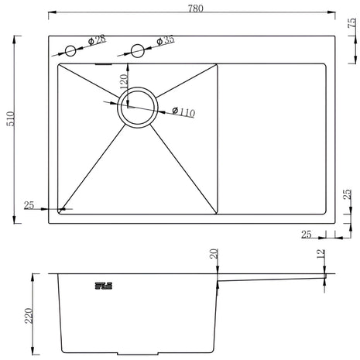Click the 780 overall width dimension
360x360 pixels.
[x=195, y=9]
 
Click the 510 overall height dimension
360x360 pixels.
[x=11, y=119]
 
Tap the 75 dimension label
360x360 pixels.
[x=352, y=23]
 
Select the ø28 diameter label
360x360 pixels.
[x=98, y=40]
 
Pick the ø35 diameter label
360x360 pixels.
[x=166, y=40]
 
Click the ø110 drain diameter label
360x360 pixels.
[x=183, y=111]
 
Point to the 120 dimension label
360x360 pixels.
[x=124, y=81]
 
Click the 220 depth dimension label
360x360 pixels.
[x=29, y=316]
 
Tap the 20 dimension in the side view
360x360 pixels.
[x=214, y=254]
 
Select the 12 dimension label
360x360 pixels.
[x=321, y=254]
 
